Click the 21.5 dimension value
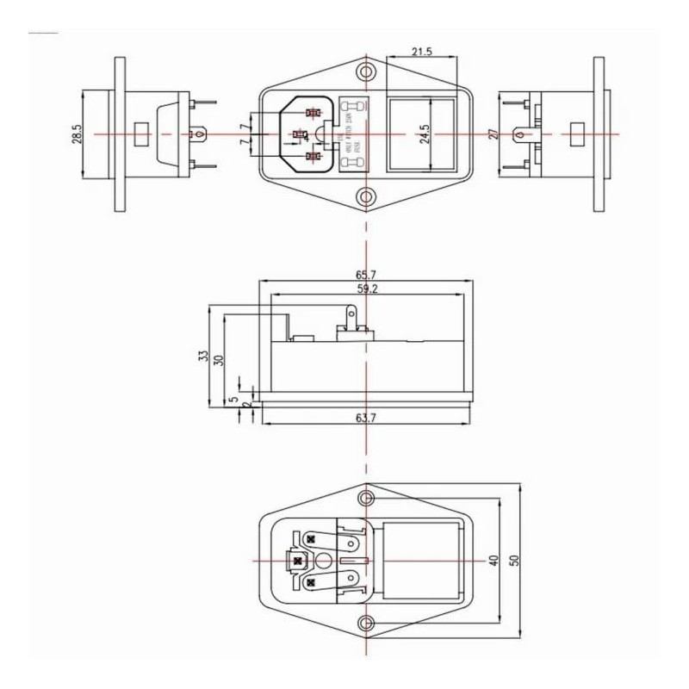[x=422, y=53]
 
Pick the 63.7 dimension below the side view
[x=368, y=419]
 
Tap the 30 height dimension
[x=219, y=360]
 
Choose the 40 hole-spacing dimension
[x=493, y=560]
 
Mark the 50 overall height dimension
[x=515, y=560]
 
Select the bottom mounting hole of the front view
[x=367, y=197]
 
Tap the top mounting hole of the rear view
[x=367, y=498]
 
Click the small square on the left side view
[x=142, y=134]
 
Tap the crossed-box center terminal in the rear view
[x=297, y=561]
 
